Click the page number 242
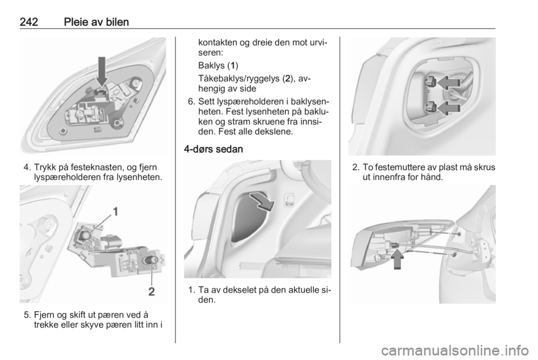click(29, 22)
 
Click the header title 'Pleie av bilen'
click(96, 22)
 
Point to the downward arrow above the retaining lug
click(101, 72)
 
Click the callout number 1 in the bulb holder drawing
click(116, 211)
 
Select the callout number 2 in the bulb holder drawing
click(151, 292)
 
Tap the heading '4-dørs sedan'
click(214, 149)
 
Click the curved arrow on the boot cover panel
click(263, 202)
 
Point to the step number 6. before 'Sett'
click(192, 102)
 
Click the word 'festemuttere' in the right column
click(399, 168)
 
